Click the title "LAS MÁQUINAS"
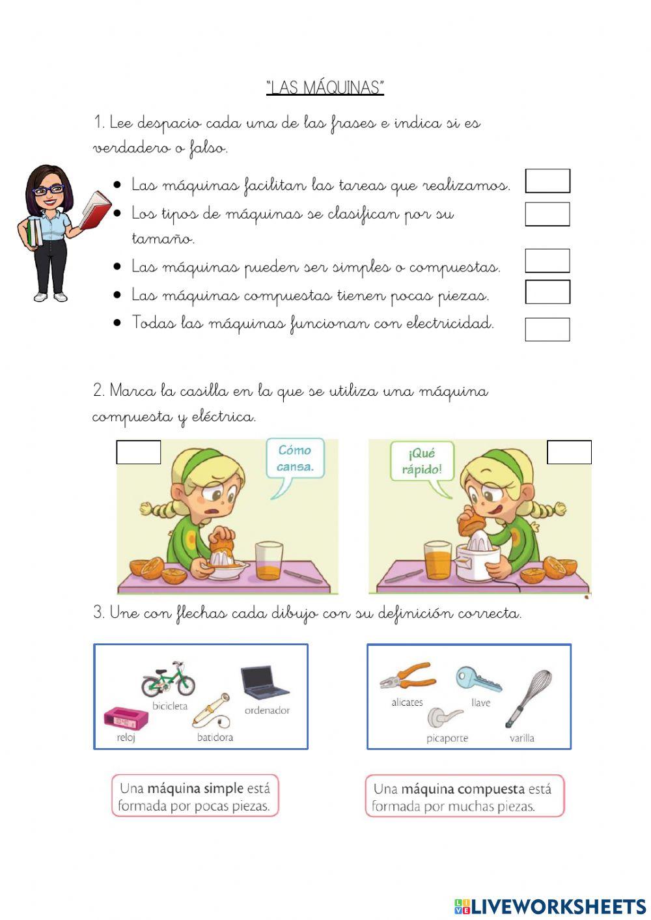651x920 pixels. [325, 87]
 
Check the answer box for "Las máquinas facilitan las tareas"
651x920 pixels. [547, 181]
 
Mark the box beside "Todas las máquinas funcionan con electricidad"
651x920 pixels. [547, 329]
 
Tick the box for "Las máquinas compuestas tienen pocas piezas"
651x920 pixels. [547, 292]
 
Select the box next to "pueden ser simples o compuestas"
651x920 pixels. [547, 261]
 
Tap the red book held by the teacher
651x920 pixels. [95, 210]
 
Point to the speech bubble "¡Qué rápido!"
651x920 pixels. [421, 462]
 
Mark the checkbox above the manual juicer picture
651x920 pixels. [139, 453]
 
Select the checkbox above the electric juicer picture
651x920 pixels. [569, 453]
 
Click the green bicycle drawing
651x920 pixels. [168, 679]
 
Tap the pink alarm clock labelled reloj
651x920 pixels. [126, 719]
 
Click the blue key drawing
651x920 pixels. [478, 679]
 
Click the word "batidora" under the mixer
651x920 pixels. [215, 738]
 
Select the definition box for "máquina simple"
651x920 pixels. [195, 796]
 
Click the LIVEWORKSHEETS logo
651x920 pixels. [549, 906]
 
